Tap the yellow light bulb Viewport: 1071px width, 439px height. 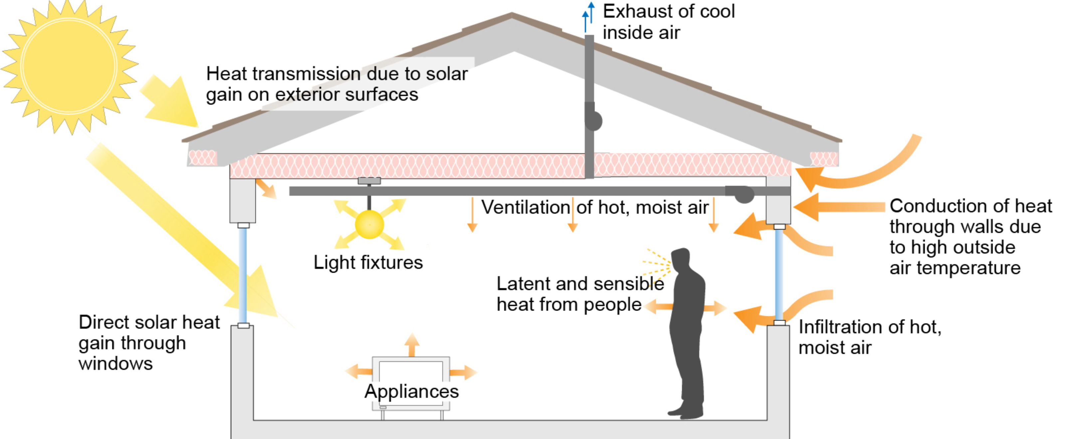369,224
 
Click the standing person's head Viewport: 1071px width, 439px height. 681,260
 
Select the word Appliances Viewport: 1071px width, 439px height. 412,391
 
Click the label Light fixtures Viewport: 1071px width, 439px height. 368,263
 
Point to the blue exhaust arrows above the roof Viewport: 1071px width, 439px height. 588,17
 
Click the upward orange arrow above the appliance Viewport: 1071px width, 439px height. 412,345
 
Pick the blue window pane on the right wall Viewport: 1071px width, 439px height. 779,274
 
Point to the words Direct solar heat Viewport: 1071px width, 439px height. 149,322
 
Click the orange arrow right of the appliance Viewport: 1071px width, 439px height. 463,372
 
